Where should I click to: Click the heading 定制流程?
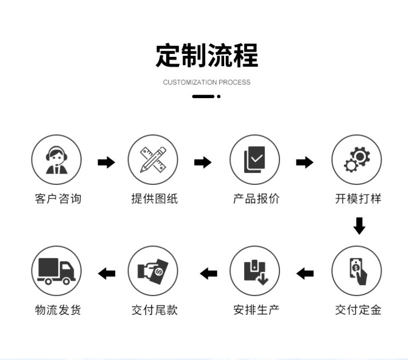207,56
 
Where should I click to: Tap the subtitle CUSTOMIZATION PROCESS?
207,82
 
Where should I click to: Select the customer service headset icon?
56,160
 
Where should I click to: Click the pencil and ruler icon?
153,160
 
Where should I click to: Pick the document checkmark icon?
255,160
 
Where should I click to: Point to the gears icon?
356,160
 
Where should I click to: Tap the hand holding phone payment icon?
356,271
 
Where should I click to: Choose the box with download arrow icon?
255,271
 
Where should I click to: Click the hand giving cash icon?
153,271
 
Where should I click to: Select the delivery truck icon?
56,271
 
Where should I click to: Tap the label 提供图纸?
154,199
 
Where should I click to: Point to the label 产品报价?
256,199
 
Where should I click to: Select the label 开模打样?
358,199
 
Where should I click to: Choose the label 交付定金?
358,310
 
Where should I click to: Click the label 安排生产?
256,310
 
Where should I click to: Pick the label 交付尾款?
154,310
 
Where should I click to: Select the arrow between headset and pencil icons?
106,163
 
